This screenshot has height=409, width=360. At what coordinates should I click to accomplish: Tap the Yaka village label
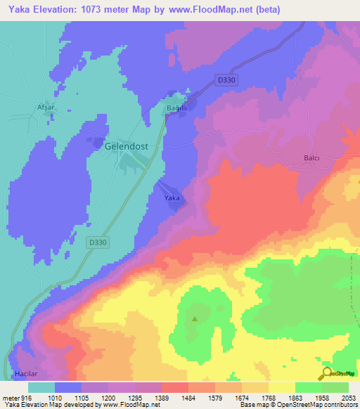click(x=172, y=199)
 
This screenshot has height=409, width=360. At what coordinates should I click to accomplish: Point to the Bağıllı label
click(x=176, y=108)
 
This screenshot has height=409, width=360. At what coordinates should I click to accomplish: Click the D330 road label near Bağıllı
click(x=227, y=81)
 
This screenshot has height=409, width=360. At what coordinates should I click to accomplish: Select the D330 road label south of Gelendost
click(x=100, y=242)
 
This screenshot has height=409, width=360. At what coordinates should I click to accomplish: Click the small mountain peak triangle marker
click(x=195, y=320)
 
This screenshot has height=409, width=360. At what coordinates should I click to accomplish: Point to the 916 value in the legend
click(x=26, y=397)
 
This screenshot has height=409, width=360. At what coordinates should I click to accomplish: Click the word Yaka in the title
click(x=20, y=9)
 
